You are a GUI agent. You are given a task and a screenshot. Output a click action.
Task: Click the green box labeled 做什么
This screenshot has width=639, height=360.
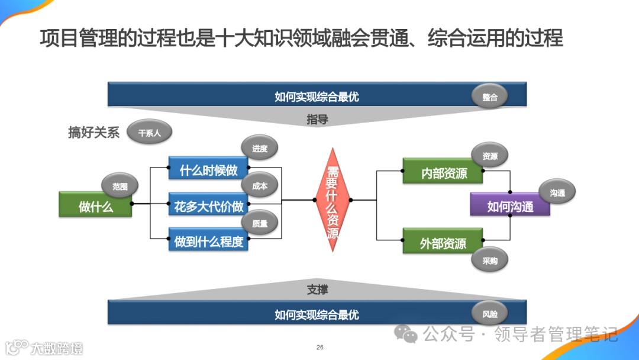pos(95,206)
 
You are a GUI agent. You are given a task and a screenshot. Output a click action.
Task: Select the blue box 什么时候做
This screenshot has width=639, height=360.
pos(208,171)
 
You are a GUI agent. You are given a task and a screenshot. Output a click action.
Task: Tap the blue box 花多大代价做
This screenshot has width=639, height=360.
pos(208,206)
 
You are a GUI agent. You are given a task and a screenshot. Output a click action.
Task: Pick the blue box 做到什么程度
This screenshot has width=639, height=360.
pos(208,241)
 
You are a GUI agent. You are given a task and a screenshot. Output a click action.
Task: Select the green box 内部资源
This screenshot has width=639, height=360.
pos(443,173)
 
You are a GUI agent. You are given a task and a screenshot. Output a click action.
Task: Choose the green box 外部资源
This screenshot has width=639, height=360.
pos(443,243)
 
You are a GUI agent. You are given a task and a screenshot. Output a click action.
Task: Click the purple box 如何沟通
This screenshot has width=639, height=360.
pos(510,206)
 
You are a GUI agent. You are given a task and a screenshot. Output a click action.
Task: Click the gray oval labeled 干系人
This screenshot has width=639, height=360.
pos(149,133)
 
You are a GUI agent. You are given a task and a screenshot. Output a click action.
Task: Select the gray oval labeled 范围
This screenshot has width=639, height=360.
pos(120,187)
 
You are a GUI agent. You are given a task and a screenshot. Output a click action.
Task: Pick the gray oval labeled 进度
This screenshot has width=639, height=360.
pos(259,149)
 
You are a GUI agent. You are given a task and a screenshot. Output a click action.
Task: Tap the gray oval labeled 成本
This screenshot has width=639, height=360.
pos(259,186)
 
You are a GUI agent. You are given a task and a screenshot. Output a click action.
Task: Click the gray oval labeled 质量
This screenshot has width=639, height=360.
pos(259,224)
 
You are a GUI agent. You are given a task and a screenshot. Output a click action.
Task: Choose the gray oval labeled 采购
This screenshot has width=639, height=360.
pos(490,261)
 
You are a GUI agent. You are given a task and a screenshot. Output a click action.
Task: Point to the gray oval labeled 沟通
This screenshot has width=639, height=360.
pos(557,192)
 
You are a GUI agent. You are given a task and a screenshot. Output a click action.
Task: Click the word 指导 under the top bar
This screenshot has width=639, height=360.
pos(317,120)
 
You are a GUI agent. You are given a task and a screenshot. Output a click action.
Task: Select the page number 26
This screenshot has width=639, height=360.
pos(320,347)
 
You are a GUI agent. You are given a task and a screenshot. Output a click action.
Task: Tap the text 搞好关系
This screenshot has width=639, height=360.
pos(93,133)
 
